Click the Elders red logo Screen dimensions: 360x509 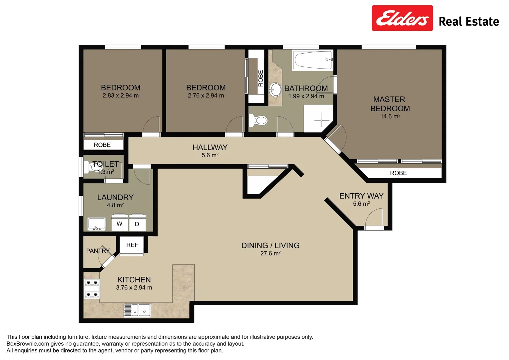pos(402,18)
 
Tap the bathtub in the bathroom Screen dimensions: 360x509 pos(312,60)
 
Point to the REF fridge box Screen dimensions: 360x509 pos(132,245)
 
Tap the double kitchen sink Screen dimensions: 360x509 pos(137,311)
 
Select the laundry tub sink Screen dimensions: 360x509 pos(97,224)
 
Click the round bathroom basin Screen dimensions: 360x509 pos(275,89)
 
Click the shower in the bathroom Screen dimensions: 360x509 pos(318,119)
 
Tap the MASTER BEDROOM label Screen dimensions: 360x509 pos(390,104)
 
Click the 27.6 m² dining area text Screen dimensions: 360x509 pos(270,254)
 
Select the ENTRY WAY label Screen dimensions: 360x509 pos(361,196)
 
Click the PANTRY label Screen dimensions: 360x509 pos(98,251)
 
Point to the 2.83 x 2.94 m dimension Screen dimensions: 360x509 pos(121,96)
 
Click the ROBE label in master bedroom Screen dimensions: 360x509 pos(398,173)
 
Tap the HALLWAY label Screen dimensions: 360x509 pos(210,147)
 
